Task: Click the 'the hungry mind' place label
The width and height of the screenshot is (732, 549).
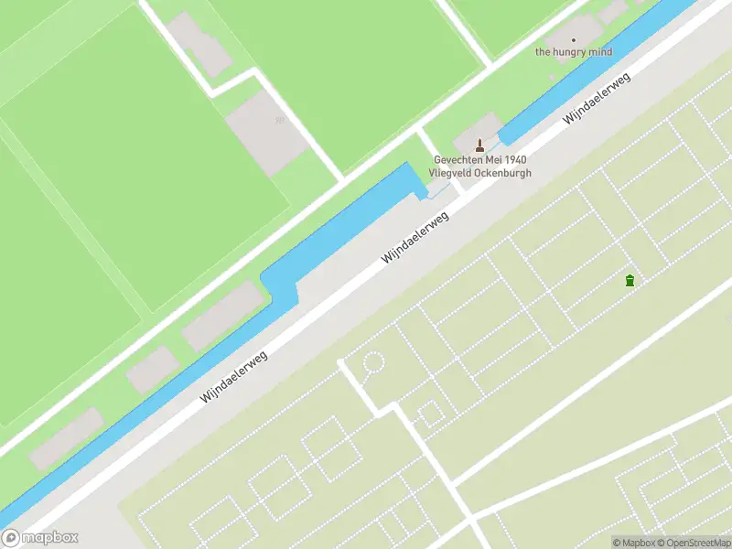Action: point(574,52)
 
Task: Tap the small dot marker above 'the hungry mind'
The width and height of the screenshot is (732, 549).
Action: point(575,40)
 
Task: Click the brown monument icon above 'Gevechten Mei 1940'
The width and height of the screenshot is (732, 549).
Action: point(480,145)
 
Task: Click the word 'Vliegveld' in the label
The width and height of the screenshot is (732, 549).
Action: point(455,173)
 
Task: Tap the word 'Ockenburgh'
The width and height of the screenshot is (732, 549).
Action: point(504,173)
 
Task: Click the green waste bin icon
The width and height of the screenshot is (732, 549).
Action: point(630,280)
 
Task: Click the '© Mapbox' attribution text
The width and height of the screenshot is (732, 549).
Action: point(631,543)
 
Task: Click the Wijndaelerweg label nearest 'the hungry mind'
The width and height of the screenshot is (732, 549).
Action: point(597,99)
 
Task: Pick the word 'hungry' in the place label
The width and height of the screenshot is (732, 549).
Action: point(572,52)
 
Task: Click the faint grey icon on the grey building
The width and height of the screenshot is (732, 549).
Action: point(280,121)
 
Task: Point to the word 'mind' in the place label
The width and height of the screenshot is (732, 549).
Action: point(600,52)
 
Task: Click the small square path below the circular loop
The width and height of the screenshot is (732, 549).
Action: point(429,414)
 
